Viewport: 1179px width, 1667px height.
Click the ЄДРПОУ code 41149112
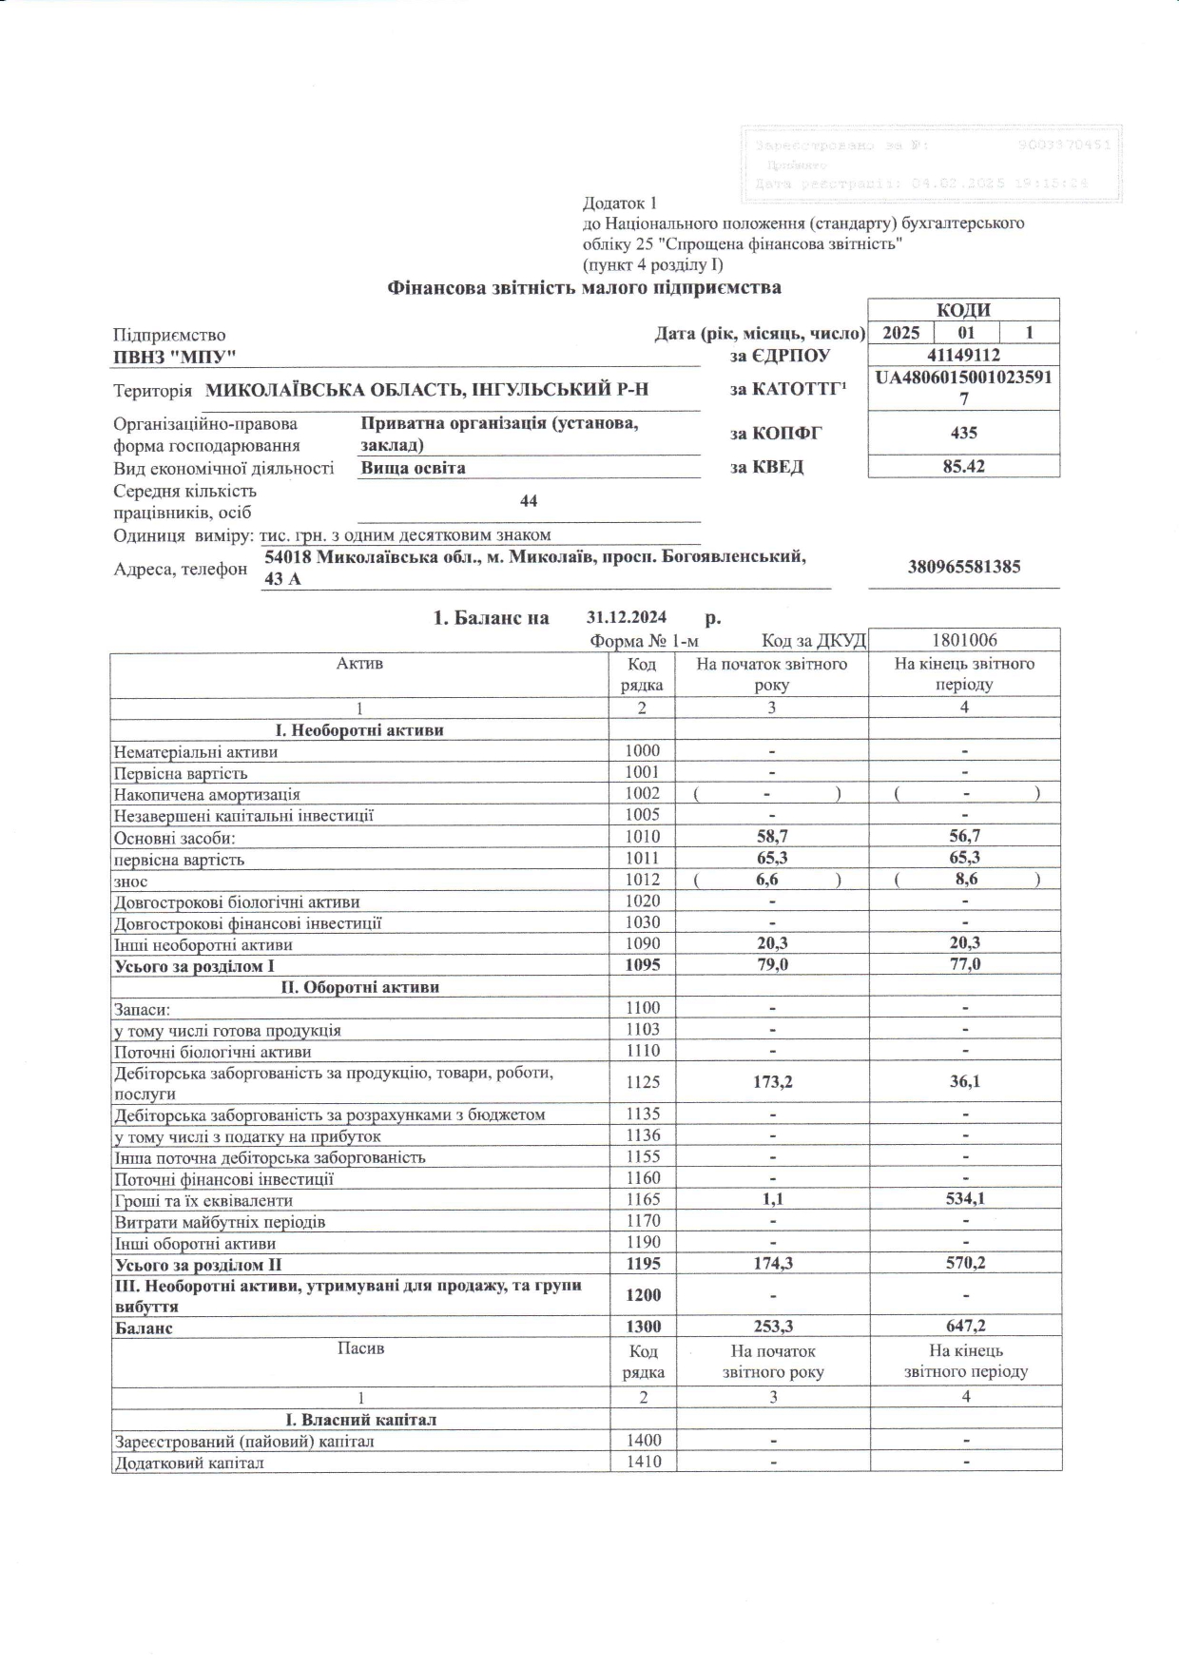coord(963,356)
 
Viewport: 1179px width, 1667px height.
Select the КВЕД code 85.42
coord(963,466)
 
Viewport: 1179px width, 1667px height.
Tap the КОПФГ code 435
coord(963,433)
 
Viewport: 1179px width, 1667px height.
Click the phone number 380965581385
coord(964,567)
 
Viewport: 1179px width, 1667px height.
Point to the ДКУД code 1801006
coord(964,640)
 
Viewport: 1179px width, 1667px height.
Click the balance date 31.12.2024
coord(627,617)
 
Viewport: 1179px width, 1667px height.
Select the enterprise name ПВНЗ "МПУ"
coord(174,356)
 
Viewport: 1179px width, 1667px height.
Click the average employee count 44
coord(529,501)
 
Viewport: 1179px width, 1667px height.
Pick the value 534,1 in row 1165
coord(965,1199)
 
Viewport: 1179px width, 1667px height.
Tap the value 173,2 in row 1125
coord(771,1082)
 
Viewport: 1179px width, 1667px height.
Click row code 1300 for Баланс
coord(643,1327)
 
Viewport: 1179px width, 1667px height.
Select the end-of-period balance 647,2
coord(965,1327)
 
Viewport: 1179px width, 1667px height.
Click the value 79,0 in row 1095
coord(771,964)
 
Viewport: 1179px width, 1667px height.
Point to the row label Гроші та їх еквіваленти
coord(203,1200)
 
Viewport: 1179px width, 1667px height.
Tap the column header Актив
coord(359,664)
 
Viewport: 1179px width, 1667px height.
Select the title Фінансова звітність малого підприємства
coord(584,287)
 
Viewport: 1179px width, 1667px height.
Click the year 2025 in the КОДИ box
coord(900,333)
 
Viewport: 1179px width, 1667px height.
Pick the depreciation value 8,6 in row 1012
coord(966,880)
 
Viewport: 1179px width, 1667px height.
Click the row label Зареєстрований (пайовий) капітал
coord(243,1442)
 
